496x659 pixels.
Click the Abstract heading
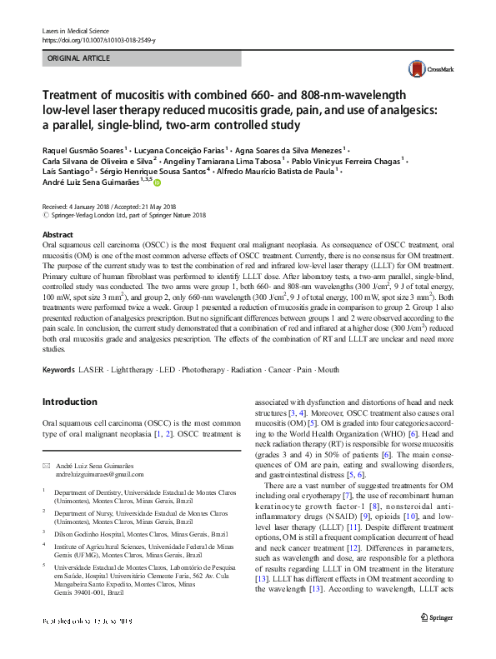pos(58,236)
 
